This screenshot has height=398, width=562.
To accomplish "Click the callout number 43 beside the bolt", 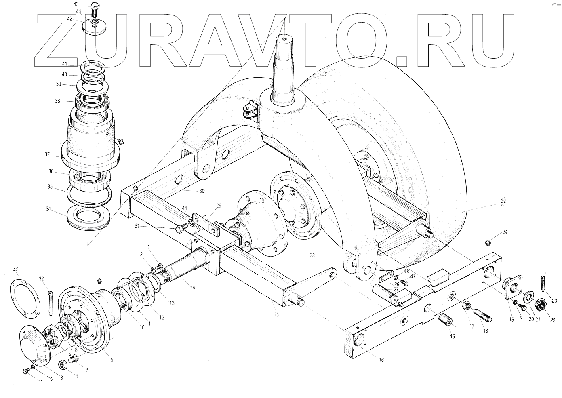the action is pyautogui.click(x=76, y=4).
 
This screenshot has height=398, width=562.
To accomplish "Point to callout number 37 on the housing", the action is pyautogui.click(x=47, y=155).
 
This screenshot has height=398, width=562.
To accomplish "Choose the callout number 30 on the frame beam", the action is pyautogui.click(x=202, y=191).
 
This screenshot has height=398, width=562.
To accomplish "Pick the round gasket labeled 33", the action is pyautogui.click(x=25, y=299).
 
